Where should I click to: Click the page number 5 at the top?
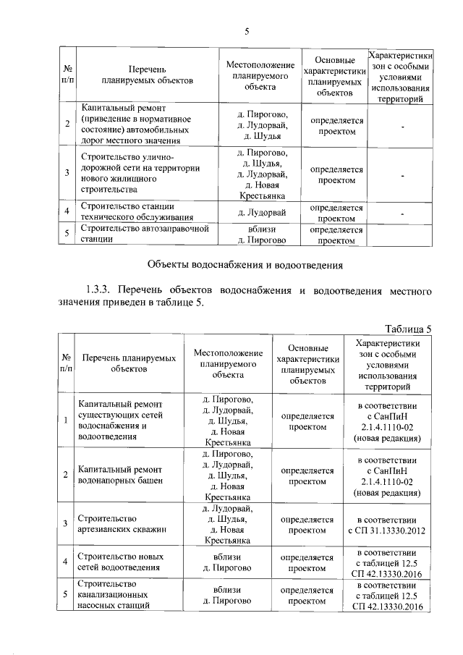click(x=247, y=30)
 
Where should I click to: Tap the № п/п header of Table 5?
click(x=66, y=363)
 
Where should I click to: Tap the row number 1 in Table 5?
click(x=66, y=421)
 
